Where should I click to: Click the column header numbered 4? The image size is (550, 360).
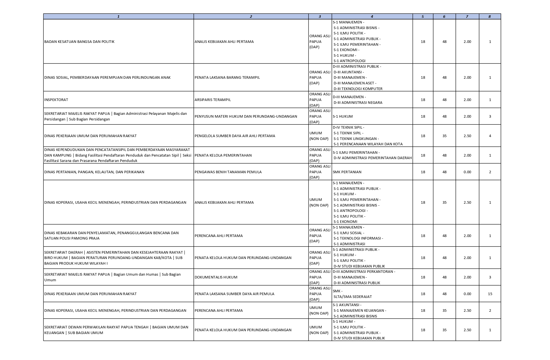(x=372, y=17)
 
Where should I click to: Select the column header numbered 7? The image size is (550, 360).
(x=467, y=17)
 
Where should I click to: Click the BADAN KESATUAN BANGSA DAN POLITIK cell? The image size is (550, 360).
(x=79, y=42)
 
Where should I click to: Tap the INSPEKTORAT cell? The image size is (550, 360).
(x=56, y=100)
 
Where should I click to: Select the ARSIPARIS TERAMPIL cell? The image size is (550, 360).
(x=213, y=100)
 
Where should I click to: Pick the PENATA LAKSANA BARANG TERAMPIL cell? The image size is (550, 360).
(x=227, y=78)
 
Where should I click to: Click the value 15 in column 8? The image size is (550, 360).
(x=490, y=294)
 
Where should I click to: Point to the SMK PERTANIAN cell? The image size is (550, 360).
(x=347, y=172)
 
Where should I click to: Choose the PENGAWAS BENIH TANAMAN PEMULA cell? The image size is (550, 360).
(x=228, y=172)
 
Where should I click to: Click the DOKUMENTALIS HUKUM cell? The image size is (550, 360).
(x=216, y=277)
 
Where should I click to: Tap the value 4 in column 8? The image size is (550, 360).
(x=490, y=136)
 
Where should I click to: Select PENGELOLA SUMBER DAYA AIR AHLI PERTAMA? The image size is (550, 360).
(x=235, y=136)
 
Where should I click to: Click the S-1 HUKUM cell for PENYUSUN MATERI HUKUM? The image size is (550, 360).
(x=343, y=117)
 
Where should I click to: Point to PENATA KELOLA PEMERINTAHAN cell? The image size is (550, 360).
(x=223, y=155)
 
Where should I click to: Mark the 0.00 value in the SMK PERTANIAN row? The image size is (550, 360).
(x=467, y=172)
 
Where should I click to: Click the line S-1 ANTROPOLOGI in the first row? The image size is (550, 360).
(x=349, y=61)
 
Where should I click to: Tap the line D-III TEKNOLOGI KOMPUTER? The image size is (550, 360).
(x=358, y=89)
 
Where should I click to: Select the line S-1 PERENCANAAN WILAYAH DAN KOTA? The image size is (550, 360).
(x=368, y=144)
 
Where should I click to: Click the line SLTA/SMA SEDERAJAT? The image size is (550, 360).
(x=353, y=297)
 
